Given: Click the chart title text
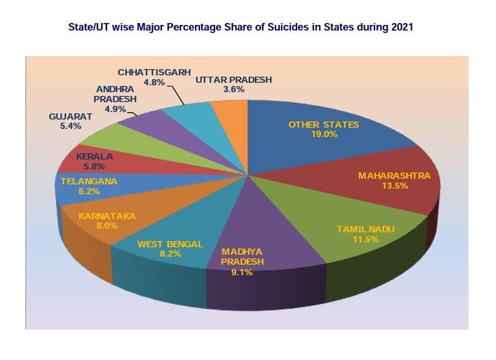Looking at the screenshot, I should (x=240, y=28).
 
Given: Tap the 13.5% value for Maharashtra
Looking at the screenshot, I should (x=394, y=186).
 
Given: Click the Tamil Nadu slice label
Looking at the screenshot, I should (x=366, y=229).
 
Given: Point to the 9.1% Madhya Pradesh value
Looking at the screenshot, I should (x=242, y=272).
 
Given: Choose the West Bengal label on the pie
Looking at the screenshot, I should (x=170, y=244).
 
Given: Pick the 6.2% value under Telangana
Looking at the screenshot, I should (x=88, y=192).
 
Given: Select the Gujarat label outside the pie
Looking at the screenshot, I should (x=70, y=116).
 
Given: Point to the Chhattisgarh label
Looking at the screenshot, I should (x=154, y=72).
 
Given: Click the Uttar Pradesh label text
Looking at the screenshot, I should (x=234, y=80).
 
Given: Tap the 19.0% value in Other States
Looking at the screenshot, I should (x=324, y=134).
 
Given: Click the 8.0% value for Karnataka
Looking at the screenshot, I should (x=107, y=225).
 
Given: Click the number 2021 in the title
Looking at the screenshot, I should (x=403, y=28).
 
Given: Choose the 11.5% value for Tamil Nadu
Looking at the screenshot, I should (x=366, y=239).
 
